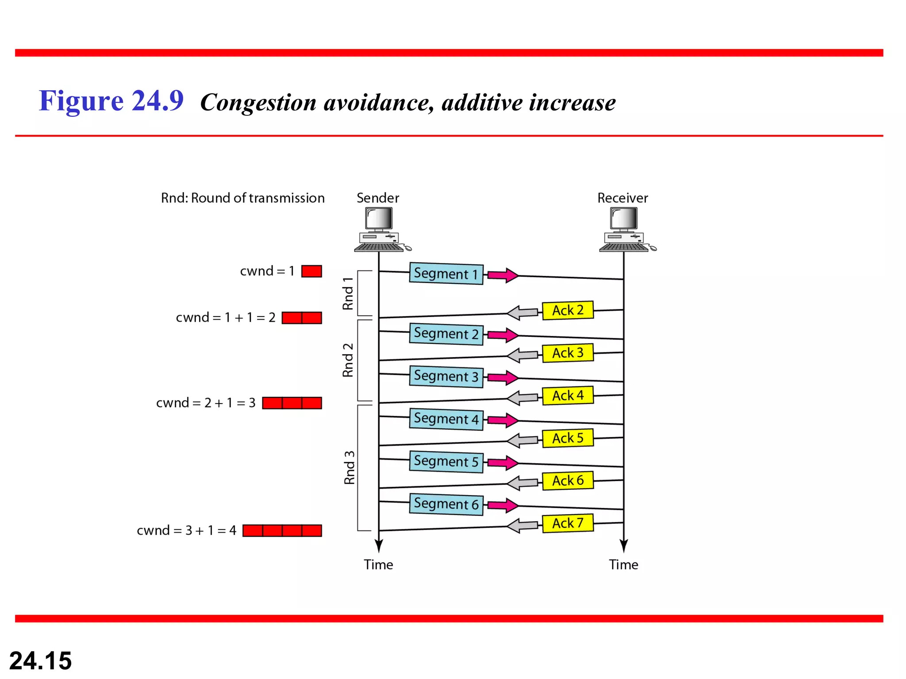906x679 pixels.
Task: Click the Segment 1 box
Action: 446,274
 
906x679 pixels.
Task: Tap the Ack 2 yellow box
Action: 568,310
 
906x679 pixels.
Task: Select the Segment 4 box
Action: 446,419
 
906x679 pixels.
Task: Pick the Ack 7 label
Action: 568,523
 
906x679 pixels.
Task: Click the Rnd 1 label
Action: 348,294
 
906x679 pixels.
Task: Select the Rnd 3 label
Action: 349,467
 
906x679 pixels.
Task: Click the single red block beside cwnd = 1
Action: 311,271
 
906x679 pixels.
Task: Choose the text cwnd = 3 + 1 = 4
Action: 186,530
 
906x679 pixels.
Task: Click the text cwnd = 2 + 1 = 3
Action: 206,403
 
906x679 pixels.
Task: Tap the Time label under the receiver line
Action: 623,565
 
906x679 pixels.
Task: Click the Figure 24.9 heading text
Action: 111,101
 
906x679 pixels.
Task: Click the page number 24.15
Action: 40,660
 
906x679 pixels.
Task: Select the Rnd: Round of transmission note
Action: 242,198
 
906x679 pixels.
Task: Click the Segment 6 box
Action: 446,504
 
